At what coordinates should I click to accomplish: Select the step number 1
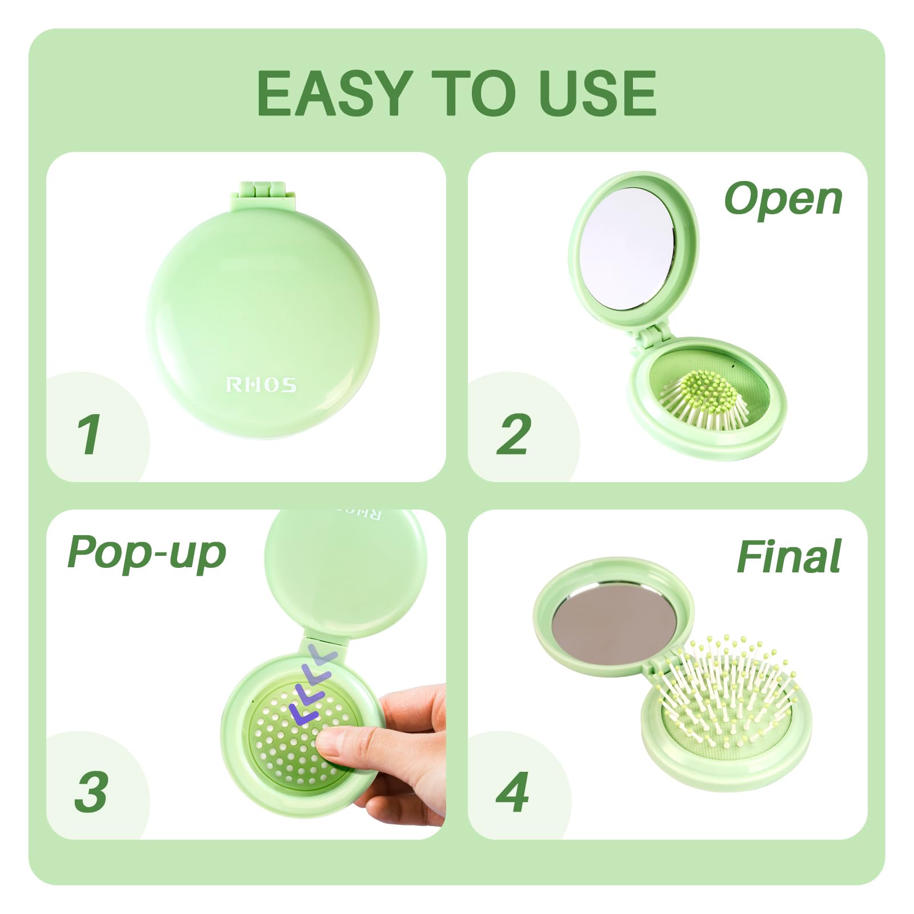pos(89,434)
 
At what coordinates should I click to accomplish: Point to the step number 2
pos(514,434)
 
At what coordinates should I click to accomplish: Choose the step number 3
pos(91,791)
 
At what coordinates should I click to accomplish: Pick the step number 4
pos(512,791)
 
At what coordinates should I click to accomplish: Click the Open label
pos(783,200)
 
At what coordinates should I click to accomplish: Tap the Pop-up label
pos(147,553)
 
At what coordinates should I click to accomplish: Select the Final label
pos(789,556)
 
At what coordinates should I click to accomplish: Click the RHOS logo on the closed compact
pos(262,384)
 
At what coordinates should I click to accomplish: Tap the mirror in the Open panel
pos(627,248)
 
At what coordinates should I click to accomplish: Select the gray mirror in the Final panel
pos(614,624)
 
